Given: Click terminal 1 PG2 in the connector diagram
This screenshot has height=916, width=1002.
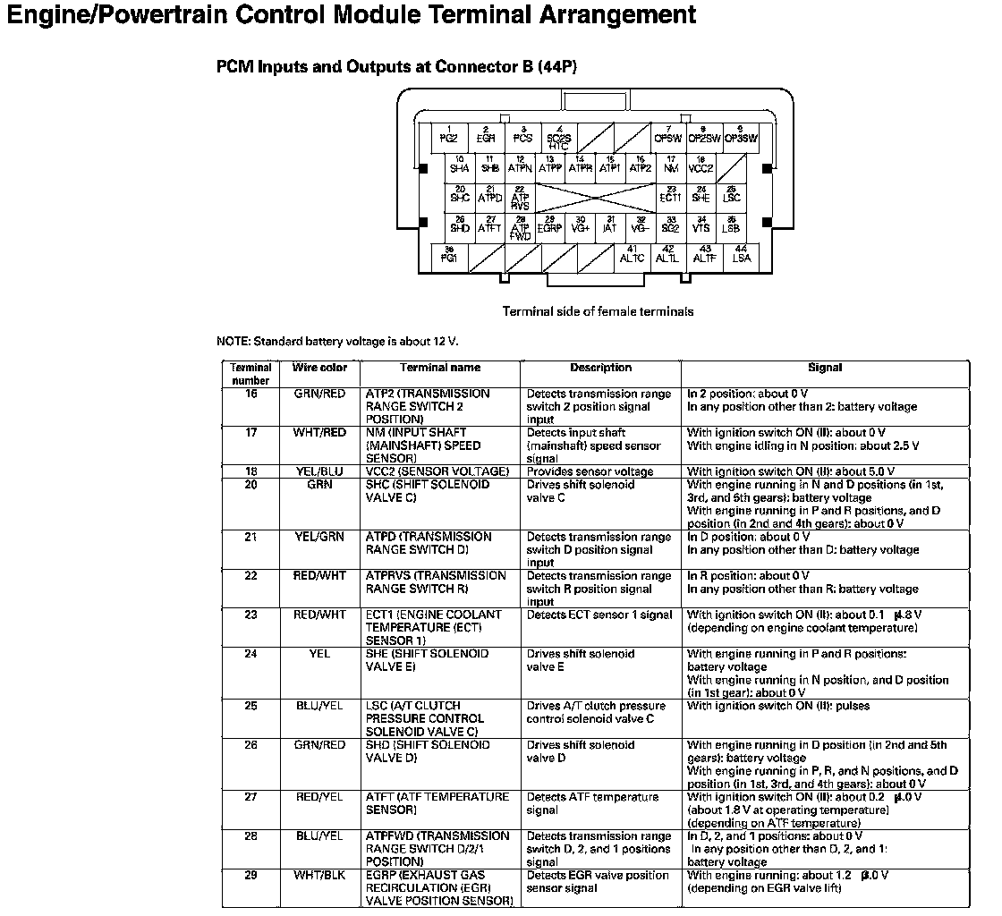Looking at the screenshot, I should click(x=449, y=136).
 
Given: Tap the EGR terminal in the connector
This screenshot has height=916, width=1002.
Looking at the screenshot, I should click(x=486, y=136).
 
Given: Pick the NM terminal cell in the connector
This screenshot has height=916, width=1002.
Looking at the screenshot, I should click(x=671, y=165).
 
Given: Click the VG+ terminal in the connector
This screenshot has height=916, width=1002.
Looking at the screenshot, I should click(x=580, y=225).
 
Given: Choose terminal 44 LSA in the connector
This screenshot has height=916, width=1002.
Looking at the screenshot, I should click(x=742, y=256).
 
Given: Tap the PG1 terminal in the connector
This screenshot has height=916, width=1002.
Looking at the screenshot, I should click(x=449, y=256).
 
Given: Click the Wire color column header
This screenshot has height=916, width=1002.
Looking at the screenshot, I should click(x=319, y=368).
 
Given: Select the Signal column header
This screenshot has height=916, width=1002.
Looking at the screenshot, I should click(x=824, y=368).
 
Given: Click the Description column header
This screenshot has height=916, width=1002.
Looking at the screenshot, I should click(x=600, y=368).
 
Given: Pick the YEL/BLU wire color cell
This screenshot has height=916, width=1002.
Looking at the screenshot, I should click(x=319, y=471).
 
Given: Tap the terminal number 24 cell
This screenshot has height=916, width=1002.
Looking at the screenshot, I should click(x=250, y=654).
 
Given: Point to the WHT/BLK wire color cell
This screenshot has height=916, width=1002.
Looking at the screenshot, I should click(x=319, y=875).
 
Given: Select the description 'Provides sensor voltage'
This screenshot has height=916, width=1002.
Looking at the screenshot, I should click(x=590, y=471).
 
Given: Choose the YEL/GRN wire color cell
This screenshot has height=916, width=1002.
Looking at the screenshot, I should click(x=319, y=537).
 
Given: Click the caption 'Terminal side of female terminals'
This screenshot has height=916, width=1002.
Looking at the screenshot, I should click(x=598, y=312).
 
